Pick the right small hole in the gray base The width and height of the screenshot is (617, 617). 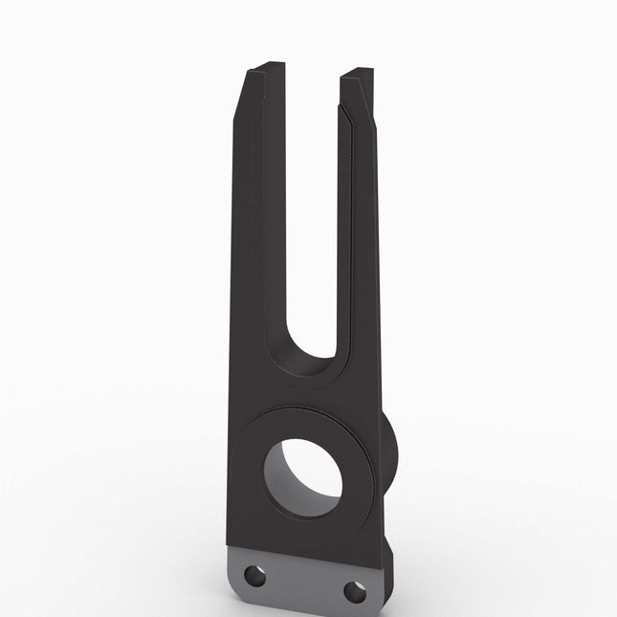click(353, 590)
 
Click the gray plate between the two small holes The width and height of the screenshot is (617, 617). click(301, 579)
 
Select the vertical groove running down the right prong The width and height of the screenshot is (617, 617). click(351, 239)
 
